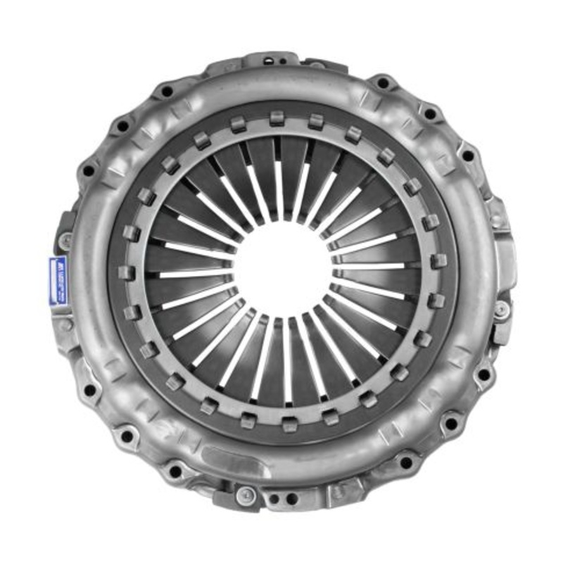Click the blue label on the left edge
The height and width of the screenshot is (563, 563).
point(58,281)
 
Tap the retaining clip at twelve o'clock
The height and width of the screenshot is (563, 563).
point(277,118)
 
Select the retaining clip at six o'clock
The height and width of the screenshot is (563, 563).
point(289,424)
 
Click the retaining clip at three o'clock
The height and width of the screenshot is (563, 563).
point(438,261)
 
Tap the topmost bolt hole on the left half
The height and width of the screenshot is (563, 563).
point(167,91)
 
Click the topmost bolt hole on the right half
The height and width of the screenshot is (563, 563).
point(383,83)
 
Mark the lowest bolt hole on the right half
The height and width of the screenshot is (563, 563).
point(405,462)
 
